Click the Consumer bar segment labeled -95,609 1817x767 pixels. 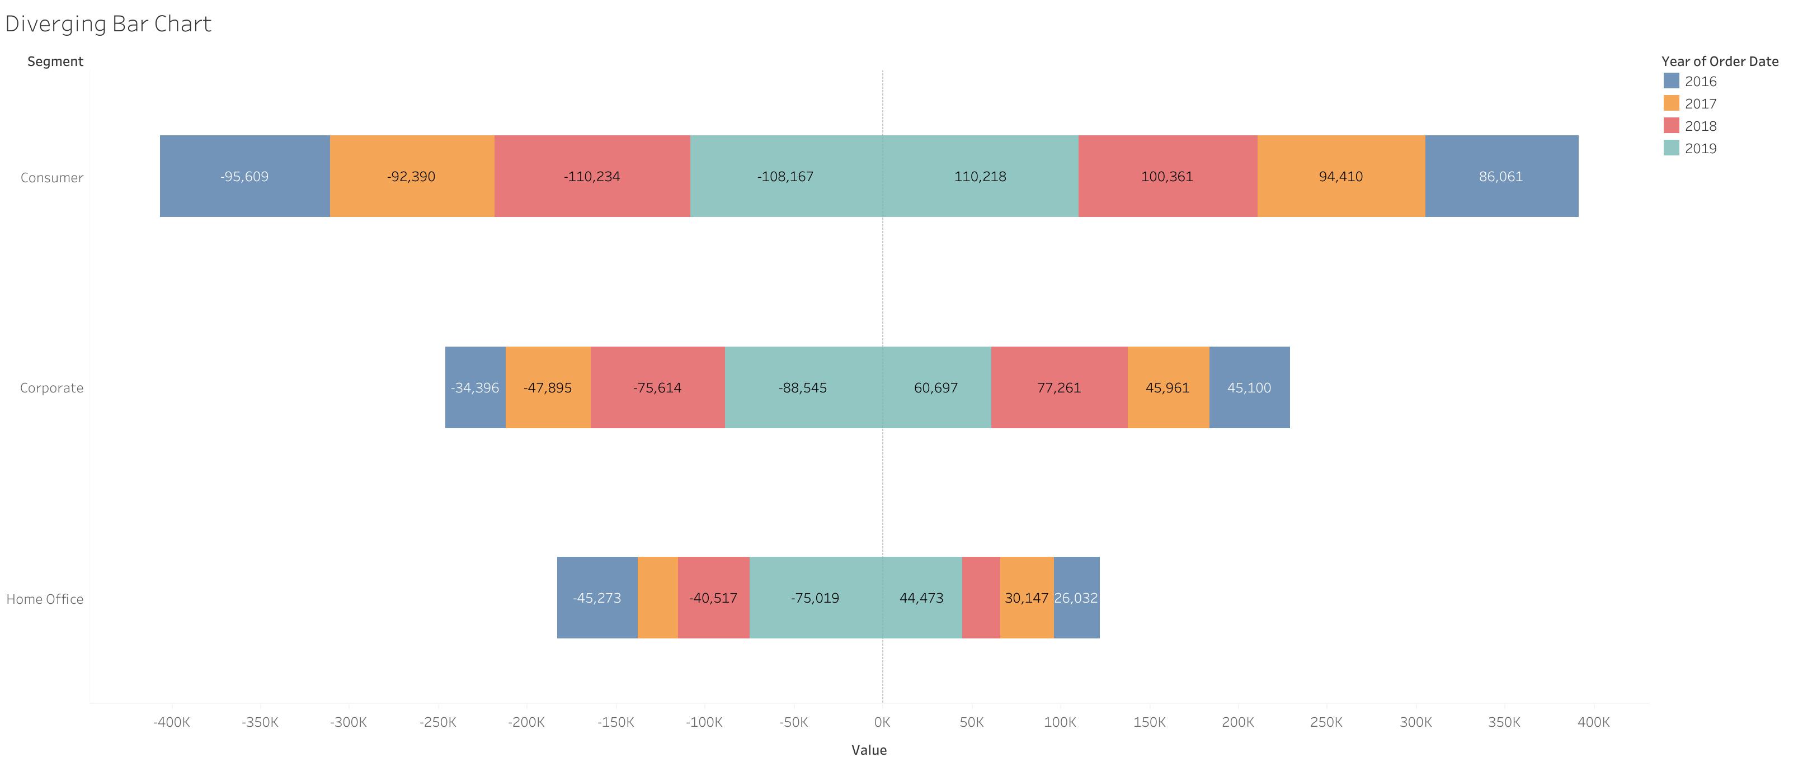245,176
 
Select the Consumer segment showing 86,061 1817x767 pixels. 1501,176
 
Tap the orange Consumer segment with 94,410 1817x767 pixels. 1341,176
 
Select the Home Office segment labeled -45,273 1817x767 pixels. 597,598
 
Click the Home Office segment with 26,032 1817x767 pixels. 1076,598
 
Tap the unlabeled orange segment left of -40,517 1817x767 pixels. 657,598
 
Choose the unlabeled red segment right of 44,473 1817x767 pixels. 981,598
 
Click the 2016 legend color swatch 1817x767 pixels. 1671,81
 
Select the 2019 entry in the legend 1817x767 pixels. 1700,148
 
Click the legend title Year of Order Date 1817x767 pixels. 1719,61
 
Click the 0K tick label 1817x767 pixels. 882,722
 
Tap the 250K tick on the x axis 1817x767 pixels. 1326,722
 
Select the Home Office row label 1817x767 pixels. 45,599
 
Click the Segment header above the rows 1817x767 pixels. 55,61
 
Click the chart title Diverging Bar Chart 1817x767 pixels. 108,24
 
